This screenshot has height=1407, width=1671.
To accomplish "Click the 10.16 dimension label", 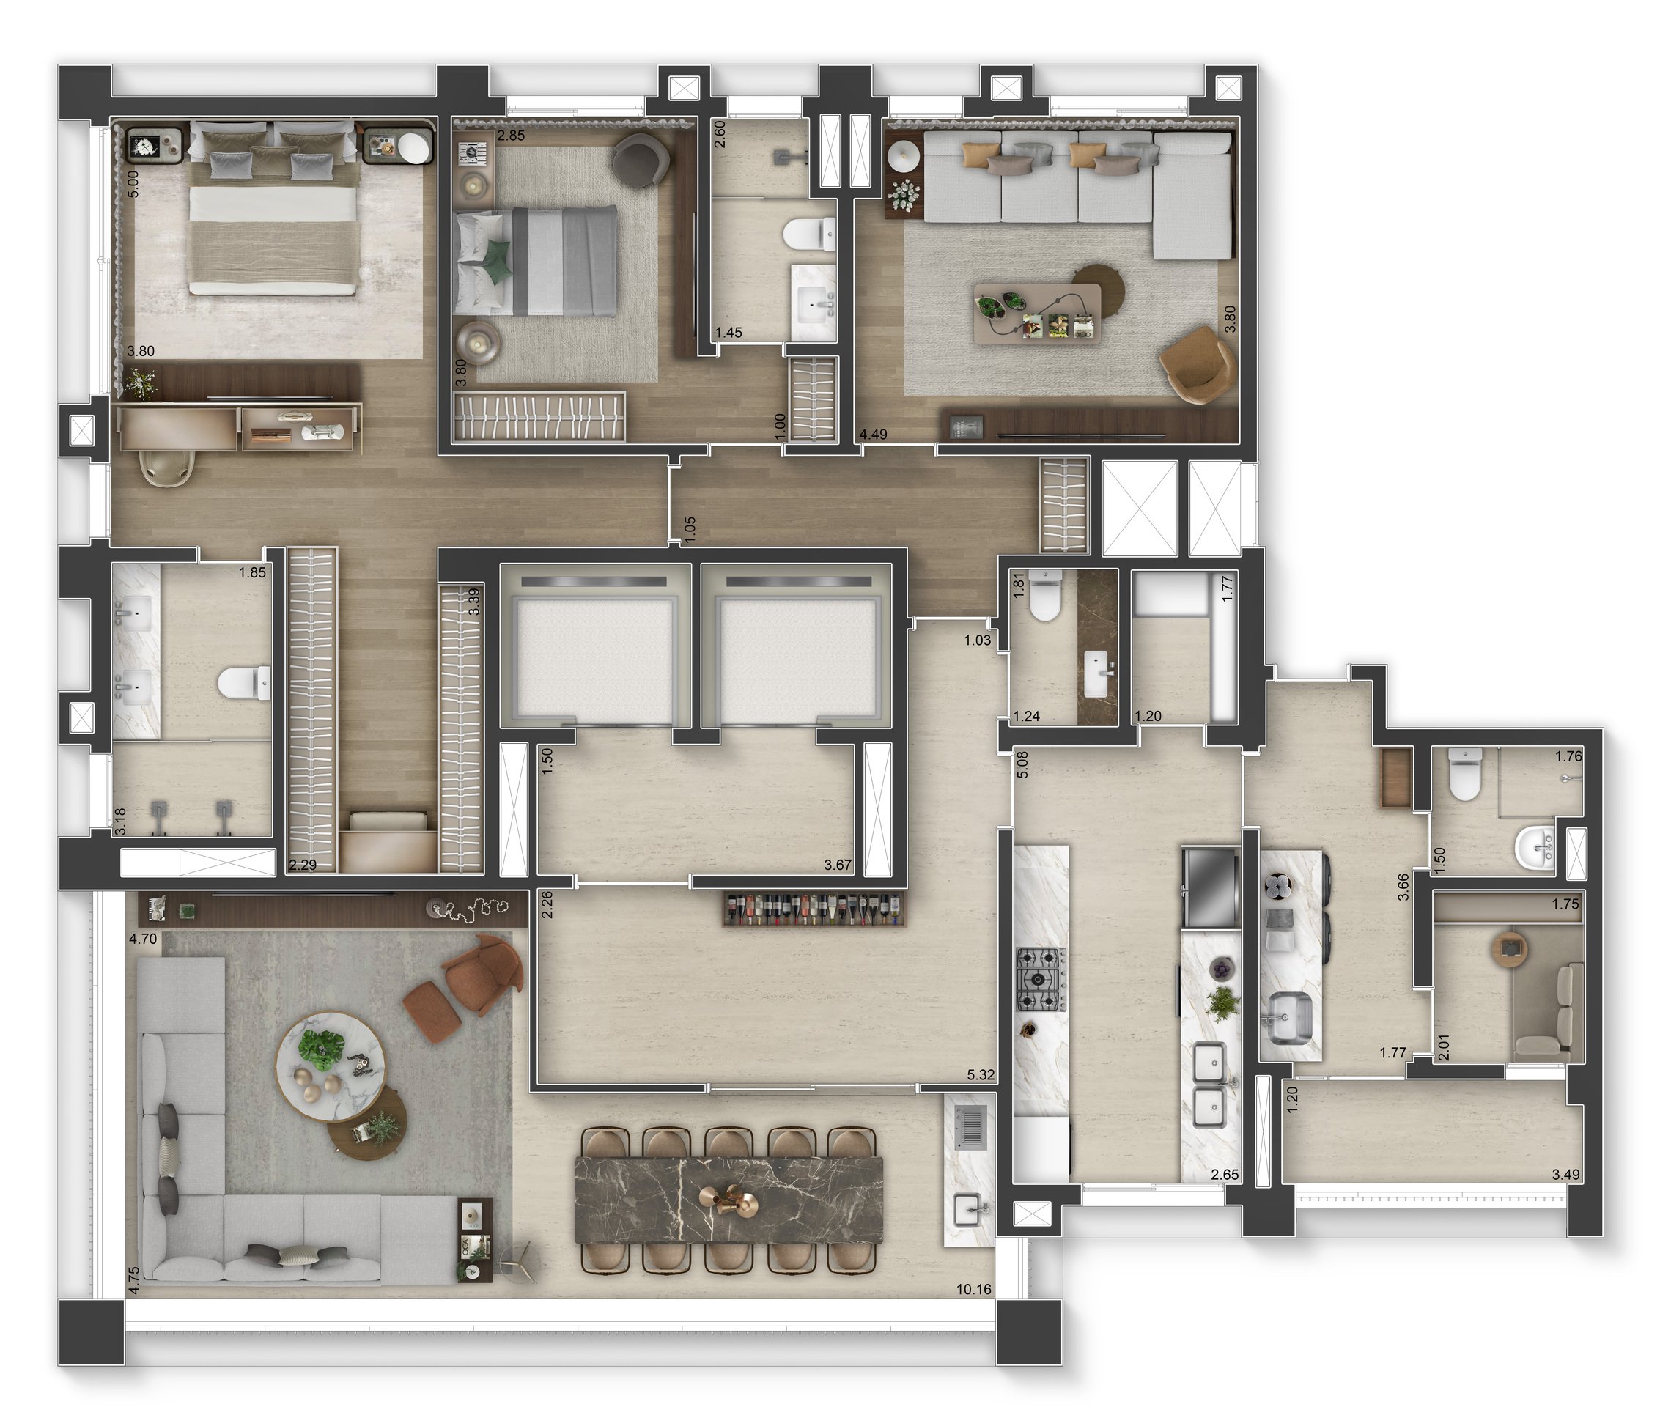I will pos(974,1289).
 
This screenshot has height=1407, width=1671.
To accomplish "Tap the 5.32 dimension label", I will pos(981,1074).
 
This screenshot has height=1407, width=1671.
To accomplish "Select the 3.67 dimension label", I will pos(838,865).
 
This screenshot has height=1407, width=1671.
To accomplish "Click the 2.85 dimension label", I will pos(511,136).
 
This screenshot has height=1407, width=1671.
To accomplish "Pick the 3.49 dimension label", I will pos(1565,1174).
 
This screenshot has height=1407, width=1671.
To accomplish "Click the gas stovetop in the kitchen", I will pos(1040,980).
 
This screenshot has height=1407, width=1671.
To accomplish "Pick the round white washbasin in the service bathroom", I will pos(1534,847).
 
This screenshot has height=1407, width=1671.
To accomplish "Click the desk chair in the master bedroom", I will pos(168,467).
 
